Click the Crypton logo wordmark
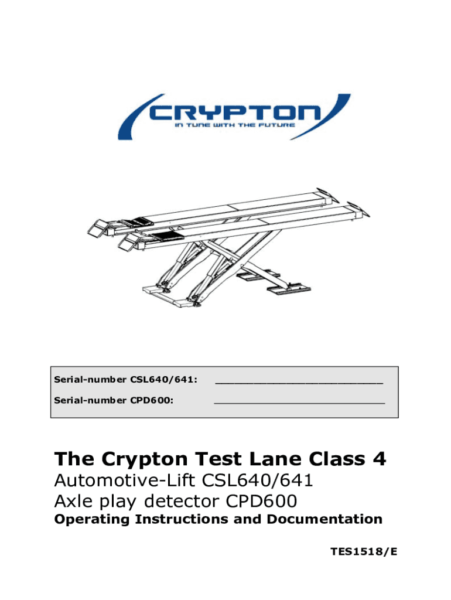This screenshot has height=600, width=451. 234,112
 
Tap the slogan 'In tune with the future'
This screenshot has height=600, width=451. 235,125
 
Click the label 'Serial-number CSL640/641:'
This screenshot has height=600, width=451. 126,380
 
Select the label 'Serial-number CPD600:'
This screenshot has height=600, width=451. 114,400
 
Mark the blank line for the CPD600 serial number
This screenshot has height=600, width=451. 299,403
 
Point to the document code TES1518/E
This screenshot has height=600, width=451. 364,551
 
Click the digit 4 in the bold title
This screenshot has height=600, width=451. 379,458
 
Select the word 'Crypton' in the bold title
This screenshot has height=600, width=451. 145,459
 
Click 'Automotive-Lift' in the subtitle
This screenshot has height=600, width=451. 125,480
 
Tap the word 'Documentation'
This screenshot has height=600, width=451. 324,519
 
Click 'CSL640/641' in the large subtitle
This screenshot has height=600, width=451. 257,480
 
